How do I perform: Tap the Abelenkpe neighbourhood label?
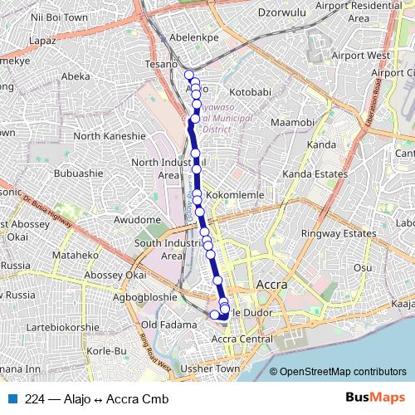coord(192,37)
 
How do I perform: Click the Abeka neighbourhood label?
coord(76,76)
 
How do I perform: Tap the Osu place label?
coord(363,267)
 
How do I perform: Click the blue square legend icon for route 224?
coord(13,398)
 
